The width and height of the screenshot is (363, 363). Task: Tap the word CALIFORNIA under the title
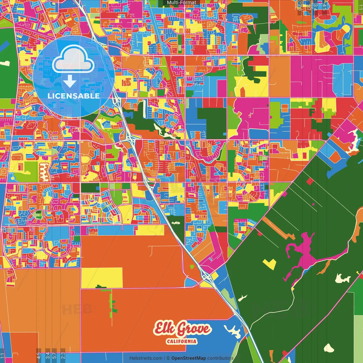(x=181, y=341)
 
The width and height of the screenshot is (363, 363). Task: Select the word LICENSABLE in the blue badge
(x=73, y=96)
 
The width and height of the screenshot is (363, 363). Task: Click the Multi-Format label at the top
(x=181, y=3)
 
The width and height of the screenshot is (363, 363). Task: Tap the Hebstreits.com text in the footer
(x=146, y=358)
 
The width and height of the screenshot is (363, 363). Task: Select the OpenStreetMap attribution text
(x=189, y=358)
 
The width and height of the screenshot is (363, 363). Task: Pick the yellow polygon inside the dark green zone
(x=270, y=264)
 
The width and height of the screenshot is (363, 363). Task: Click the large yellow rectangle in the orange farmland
(x=102, y=277)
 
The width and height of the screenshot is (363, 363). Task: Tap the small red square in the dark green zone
(x=310, y=181)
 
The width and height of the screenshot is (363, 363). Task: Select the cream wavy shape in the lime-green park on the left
(x=44, y=172)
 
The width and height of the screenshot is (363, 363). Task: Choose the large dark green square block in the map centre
(x=212, y=123)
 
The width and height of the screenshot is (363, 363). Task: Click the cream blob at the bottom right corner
(x=329, y=348)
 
